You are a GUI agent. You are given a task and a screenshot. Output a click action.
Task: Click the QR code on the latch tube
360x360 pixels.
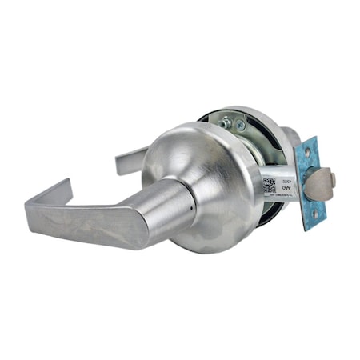coord(270,187)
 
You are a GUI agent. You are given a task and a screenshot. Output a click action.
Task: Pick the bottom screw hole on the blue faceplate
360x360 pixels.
coord(314,215)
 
